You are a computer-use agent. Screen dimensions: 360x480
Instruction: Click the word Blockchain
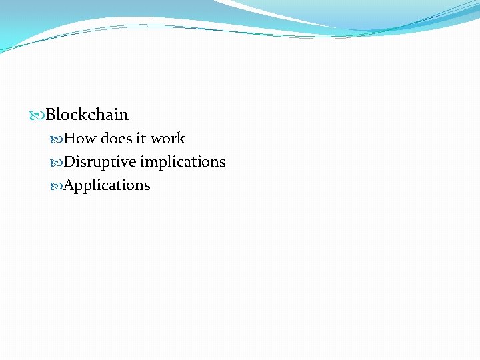tap(87, 115)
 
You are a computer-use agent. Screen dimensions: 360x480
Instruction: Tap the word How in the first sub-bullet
tap(80, 139)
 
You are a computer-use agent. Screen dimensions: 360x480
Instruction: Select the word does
tap(116, 139)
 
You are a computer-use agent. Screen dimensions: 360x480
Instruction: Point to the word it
tap(141, 139)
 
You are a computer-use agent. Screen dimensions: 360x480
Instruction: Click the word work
tap(167, 139)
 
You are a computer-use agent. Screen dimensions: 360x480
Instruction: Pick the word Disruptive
tap(99, 162)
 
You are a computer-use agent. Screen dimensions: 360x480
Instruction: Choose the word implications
tap(183, 163)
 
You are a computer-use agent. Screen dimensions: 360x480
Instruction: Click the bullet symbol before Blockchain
tap(37, 115)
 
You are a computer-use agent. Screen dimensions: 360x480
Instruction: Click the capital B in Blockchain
tap(51, 115)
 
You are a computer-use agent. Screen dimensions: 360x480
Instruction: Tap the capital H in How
tap(70, 139)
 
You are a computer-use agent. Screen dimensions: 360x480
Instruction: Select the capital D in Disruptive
tap(69, 162)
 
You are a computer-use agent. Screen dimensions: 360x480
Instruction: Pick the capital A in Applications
tap(69, 185)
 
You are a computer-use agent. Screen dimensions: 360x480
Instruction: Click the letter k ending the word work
tap(181, 139)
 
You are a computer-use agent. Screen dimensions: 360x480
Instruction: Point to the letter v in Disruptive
tap(125, 163)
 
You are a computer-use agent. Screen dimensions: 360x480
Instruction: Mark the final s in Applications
tap(147, 186)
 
